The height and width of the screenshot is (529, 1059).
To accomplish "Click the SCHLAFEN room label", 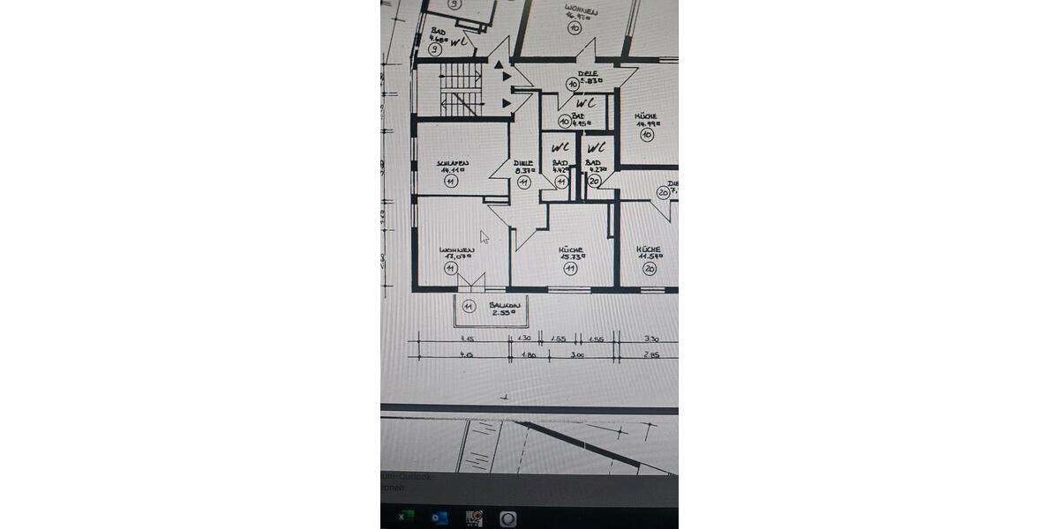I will pyautogui.click(x=451, y=164).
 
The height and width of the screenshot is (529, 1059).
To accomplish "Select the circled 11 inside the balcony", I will pyautogui.click(x=469, y=308).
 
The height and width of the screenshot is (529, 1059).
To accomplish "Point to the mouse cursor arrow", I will pyautogui.click(x=484, y=236).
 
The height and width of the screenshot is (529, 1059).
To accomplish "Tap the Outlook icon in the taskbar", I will pyautogui.click(x=439, y=518).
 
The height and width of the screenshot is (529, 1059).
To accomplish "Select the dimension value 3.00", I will pyautogui.click(x=578, y=355).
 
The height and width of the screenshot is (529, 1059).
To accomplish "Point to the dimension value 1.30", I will pyautogui.click(x=523, y=339).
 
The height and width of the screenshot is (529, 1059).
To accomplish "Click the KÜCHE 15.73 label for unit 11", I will pyautogui.click(x=571, y=253).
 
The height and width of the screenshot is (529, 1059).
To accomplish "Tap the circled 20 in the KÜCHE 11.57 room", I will pyautogui.click(x=650, y=269).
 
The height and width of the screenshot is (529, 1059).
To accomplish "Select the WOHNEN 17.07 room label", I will pyautogui.click(x=457, y=253).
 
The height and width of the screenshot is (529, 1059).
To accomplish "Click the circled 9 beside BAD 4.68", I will pyautogui.click(x=435, y=49).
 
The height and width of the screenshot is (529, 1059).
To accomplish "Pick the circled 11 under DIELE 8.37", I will pyautogui.click(x=523, y=182).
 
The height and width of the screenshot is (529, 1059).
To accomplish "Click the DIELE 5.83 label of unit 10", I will pyautogui.click(x=589, y=78).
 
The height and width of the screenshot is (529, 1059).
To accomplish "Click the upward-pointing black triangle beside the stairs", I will pyautogui.click(x=500, y=63).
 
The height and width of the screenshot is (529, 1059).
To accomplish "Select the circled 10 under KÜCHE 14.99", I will pyautogui.click(x=646, y=135).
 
